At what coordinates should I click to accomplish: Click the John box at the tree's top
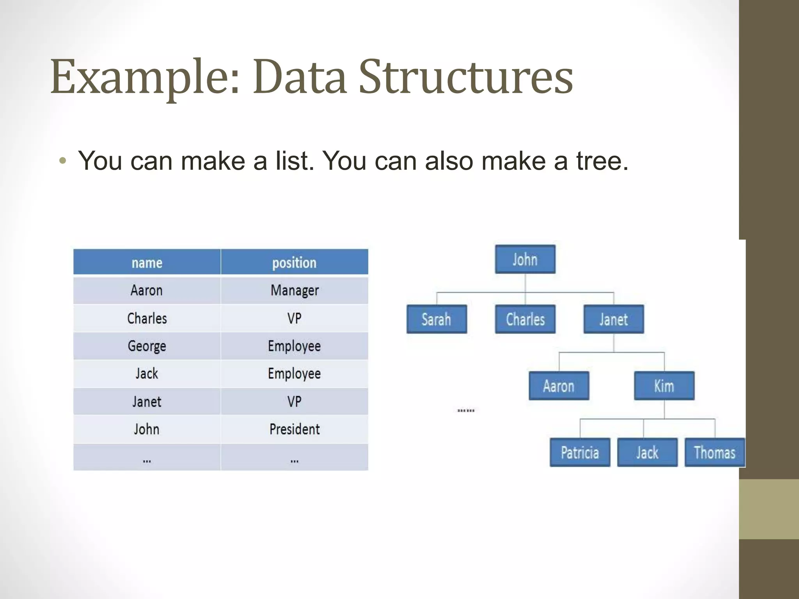pos(525,259)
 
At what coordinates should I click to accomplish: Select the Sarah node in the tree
pos(437,319)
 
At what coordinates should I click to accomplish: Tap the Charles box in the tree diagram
pos(525,319)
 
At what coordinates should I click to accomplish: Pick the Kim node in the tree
pos(664,386)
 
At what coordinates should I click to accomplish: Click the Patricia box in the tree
pos(580,452)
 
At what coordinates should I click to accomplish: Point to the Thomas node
pos(715,452)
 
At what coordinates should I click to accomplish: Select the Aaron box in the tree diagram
pos(559,386)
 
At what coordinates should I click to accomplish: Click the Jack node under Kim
pos(647,452)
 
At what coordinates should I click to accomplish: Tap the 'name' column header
pos(147,262)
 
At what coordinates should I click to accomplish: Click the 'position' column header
pos(294,262)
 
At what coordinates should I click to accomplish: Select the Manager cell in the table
pos(295,291)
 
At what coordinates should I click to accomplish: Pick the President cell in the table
pos(295,429)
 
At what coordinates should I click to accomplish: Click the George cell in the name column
pos(147,346)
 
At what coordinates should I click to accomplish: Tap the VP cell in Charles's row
pos(295,318)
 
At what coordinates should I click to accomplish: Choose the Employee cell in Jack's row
pos(295,374)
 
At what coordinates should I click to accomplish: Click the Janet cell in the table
pos(147,402)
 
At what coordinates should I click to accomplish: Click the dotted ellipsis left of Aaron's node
pos(466,410)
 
